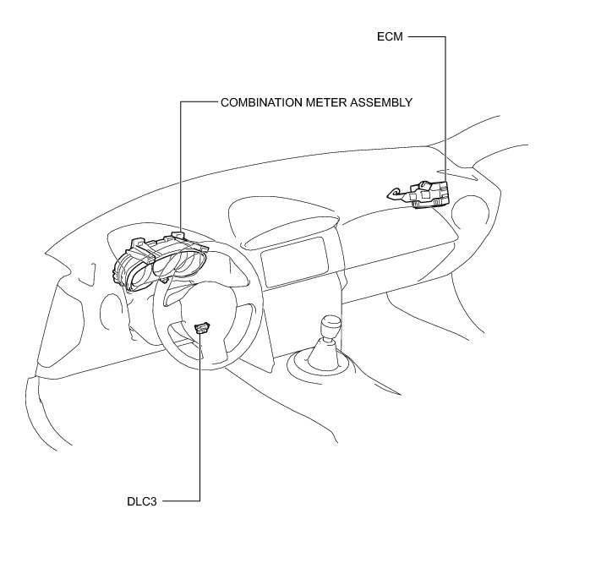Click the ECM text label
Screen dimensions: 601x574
click(x=391, y=37)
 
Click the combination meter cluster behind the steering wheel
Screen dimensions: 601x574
click(x=161, y=262)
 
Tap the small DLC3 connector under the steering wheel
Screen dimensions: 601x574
click(x=201, y=328)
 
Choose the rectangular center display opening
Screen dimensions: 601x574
click(x=294, y=262)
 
